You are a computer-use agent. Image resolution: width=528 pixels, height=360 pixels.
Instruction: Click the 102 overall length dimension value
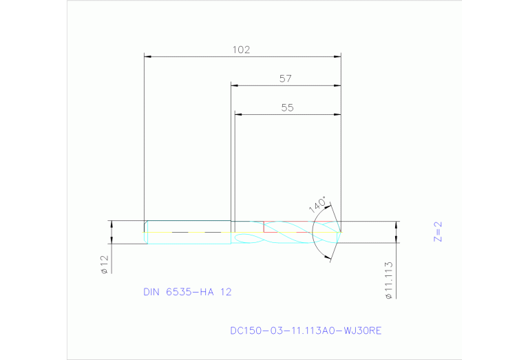241,50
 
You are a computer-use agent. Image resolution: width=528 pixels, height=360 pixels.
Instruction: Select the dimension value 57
286,78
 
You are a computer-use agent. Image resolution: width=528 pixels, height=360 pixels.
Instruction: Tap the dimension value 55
288,107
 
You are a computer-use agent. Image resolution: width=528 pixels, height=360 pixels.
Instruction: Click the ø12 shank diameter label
105,264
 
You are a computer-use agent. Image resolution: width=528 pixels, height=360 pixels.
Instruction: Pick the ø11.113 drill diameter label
390,279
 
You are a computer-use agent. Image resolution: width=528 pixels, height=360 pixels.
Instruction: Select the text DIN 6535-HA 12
187,292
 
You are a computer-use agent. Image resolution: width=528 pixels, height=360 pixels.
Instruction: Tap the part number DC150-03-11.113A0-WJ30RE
306,330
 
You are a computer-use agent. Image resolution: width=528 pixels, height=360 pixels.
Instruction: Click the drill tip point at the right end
341,232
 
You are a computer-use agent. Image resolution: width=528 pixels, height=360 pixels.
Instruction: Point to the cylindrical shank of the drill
188,233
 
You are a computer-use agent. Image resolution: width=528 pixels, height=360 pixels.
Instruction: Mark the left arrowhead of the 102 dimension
147,56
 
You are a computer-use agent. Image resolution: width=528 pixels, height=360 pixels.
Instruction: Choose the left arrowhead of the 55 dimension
238,114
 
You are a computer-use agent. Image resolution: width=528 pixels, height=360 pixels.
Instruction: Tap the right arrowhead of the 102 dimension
338,56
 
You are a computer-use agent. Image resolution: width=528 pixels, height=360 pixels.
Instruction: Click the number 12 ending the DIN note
226,292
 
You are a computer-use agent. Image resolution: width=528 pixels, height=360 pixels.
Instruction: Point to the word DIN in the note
151,292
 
